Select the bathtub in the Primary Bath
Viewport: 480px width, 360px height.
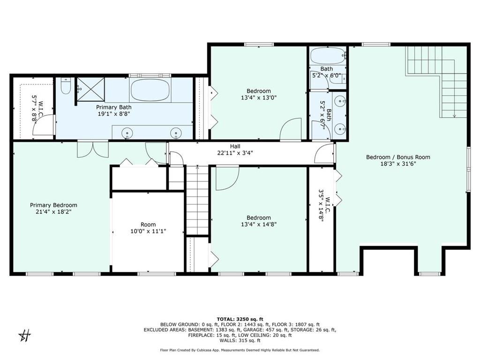pos(150,90)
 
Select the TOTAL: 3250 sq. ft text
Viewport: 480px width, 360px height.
pos(240,318)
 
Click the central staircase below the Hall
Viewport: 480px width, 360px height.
pos(197,199)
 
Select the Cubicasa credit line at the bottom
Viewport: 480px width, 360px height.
pos(240,350)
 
